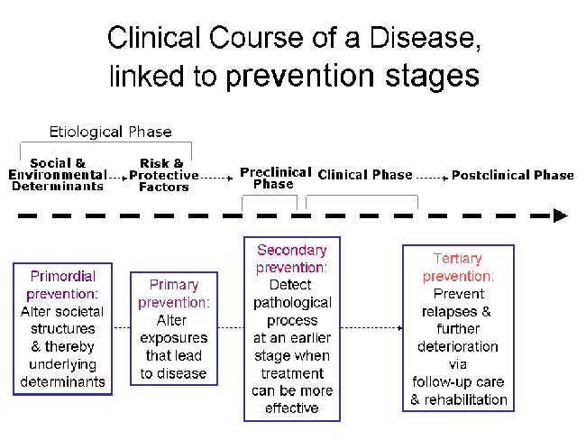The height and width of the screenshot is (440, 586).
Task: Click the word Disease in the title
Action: [x=425, y=38]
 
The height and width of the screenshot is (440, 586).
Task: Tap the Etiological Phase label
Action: [x=111, y=132]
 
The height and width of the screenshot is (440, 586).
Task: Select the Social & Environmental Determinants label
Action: [x=58, y=175]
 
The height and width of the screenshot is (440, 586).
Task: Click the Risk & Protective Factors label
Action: [x=164, y=175]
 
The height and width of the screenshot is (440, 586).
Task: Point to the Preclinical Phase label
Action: [x=276, y=178]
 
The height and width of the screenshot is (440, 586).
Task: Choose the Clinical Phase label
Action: [x=365, y=175]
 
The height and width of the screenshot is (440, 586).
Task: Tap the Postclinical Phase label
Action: [x=513, y=175]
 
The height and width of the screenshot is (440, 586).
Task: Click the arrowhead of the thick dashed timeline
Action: [x=561, y=215]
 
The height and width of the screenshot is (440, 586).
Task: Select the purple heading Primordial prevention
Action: [x=62, y=285]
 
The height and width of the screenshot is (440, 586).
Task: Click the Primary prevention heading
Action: [x=174, y=293]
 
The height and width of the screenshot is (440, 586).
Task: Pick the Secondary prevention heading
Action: [x=292, y=259]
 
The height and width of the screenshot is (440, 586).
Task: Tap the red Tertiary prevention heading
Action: [x=458, y=267]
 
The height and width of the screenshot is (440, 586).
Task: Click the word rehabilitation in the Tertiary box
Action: [x=466, y=399]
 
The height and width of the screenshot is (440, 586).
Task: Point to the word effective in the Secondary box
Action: [x=292, y=408]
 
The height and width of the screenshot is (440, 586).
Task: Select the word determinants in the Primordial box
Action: [x=62, y=381]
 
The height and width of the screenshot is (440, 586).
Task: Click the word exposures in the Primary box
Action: [x=174, y=338]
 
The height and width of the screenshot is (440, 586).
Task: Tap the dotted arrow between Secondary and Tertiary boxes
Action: [x=371, y=328]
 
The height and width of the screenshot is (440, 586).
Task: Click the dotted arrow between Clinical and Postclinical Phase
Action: [x=432, y=178]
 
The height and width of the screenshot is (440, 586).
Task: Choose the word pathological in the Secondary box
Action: [x=292, y=303]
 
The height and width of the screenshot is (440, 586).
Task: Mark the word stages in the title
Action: [x=433, y=77]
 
